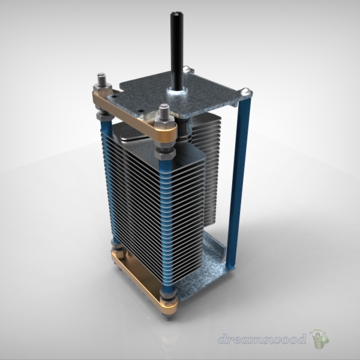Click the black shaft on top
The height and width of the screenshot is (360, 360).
point(178,48)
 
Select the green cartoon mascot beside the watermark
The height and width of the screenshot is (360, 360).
point(319,340)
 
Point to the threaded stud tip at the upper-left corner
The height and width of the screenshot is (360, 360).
point(101,78)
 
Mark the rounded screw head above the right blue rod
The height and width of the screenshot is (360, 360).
point(246,92)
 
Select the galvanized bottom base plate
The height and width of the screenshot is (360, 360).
point(210,258)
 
